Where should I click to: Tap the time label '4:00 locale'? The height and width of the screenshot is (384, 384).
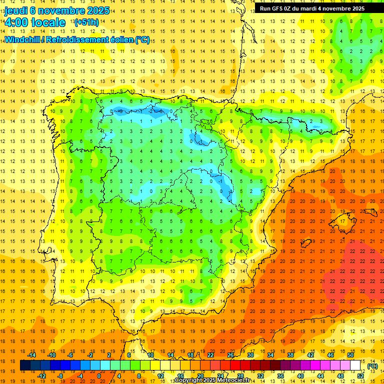pyautogui.click(x=35, y=22)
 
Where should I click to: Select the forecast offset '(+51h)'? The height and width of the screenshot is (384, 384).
pyautogui.click(x=86, y=22)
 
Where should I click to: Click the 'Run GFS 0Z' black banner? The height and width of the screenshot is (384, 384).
pyautogui.click(x=312, y=8)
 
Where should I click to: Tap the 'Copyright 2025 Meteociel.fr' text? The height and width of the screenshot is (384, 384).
pyautogui.click(x=212, y=380)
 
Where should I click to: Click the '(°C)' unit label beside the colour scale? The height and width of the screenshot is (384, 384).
pyautogui.click(x=372, y=366)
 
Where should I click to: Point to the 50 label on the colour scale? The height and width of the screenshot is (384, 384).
pyautogui.click(x=350, y=355)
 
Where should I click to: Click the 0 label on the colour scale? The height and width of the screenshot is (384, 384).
pyautogui.click(x=99, y=376)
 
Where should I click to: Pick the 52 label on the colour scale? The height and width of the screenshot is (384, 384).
pyautogui.click(x=360, y=376)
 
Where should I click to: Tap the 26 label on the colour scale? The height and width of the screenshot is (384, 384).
pyautogui.click(x=230, y=355)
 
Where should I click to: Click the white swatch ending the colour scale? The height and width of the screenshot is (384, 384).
pyautogui.click(x=355, y=365)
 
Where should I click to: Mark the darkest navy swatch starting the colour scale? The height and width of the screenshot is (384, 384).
pyautogui.click(x=25, y=365)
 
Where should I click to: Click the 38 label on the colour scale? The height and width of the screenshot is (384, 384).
pyautogui.click(x=290, y=355)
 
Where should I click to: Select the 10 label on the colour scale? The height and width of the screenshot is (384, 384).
pyautogui.click(x=150, y=355)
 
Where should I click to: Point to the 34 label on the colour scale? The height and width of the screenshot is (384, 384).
pyautogui.click(x=270, y=355)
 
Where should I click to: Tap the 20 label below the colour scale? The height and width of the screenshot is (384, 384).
pyautogui.click(x=200, y=376)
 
